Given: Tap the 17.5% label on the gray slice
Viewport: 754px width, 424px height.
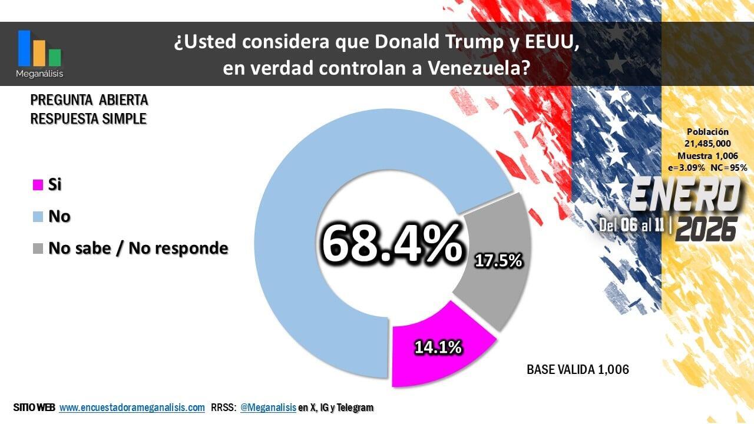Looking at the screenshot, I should point(498,260).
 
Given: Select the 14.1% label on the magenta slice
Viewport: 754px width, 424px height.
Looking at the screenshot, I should point(438,347).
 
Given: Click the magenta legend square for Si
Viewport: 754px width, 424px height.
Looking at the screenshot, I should point(38,185).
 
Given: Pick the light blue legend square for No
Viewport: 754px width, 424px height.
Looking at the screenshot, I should point(38,217).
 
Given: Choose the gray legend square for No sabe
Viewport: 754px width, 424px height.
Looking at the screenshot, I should point(38,249).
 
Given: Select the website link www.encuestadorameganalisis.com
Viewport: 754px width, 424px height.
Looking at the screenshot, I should point(132,407).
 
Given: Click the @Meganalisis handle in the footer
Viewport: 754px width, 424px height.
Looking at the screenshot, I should point(268,407).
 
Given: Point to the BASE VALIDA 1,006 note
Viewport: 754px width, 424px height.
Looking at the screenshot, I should point(577,369).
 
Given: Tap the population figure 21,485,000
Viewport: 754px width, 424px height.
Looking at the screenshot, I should point(707,144).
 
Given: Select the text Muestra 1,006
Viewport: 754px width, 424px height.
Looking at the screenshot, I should point(707,155).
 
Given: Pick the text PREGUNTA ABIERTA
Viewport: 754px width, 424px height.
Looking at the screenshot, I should point(89,100).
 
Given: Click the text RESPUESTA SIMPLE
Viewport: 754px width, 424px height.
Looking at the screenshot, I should point(88,118).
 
